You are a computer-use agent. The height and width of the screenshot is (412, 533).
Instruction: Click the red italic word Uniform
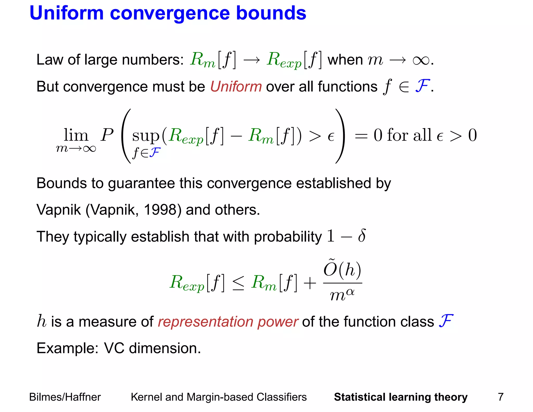tap(236, 86)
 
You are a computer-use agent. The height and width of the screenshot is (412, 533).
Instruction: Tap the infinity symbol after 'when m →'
tap(421, 60)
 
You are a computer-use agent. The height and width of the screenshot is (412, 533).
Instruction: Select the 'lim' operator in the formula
tap(76, 135)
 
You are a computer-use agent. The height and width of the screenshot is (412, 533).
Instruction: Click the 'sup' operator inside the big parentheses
tap(146, 136)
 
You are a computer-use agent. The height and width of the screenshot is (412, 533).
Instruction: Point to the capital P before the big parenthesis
tap(107, 135)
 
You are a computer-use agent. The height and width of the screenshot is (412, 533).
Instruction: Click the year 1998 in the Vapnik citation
tap(160, 210)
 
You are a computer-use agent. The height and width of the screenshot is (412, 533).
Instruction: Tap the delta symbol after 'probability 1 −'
tap(362, 236)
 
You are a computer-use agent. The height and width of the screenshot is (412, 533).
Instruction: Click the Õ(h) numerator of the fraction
tap(342, 269)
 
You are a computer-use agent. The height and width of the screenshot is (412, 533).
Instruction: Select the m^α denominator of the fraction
tap(342, 295)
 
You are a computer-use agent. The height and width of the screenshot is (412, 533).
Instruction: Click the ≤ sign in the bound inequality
tap(238, 283)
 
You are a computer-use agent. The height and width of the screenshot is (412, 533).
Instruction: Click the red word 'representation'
tap(205, 322)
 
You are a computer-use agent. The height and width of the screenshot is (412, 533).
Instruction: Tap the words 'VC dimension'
tap(152, 348)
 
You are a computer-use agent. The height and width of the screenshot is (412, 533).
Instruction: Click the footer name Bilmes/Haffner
tap(65, 397)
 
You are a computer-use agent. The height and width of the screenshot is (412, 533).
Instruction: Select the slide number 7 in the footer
tap(500, 397)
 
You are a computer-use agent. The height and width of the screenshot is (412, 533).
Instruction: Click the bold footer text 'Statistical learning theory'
tap(401, 397)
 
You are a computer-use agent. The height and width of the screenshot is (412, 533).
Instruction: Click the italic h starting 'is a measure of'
tap(42, 321)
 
